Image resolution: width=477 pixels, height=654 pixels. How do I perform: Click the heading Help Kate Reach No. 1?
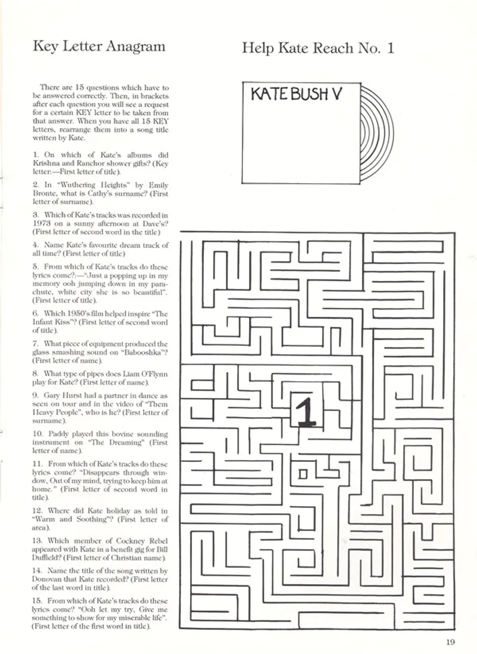pyautogui.click(x=318, y=48)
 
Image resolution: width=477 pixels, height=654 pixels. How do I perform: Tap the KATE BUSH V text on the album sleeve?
pyautogui.click(x=295, y=95)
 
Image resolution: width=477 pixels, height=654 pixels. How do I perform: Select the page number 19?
pyautogui.click(x=450, y=642)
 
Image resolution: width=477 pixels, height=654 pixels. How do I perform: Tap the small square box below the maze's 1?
pyautogui.click(x=303, y=474)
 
